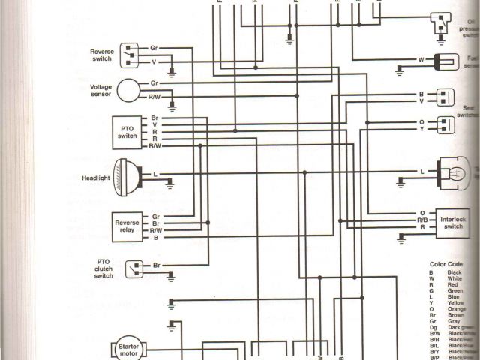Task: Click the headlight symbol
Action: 129,178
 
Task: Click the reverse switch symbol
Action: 133,54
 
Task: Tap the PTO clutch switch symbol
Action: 135,266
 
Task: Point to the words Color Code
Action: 445,264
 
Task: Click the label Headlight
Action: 96,178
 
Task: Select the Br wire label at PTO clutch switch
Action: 156,266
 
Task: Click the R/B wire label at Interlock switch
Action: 423,219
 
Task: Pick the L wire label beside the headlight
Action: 155,174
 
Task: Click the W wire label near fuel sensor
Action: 421,58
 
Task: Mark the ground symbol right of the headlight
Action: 171,181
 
